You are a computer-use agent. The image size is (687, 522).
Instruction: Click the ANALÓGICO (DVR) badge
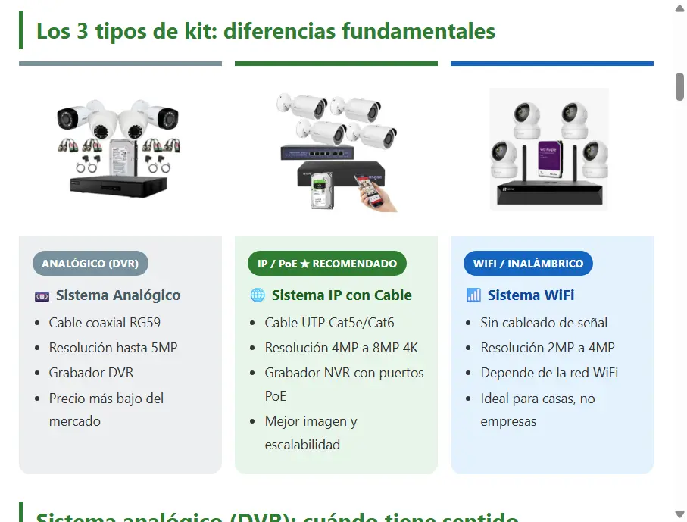click(90, 264)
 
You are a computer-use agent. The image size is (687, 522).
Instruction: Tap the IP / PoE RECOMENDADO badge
click(327, 264)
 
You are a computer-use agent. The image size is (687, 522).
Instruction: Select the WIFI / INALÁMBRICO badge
click(528, 264)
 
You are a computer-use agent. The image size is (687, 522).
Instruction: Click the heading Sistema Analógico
click(118, 295)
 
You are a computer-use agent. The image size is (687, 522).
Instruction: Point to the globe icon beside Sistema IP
click(258, 295)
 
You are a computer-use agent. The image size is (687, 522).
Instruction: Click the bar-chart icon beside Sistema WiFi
click(473, 295)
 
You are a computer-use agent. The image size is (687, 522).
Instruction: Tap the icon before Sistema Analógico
click(42, 295)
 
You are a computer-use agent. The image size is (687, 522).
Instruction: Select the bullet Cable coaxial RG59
click(105, 323)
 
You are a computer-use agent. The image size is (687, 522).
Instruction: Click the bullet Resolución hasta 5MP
click(113, 348)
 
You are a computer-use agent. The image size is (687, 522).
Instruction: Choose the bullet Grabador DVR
click(91, 373)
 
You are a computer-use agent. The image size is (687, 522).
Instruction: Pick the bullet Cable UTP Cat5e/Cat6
click(329, 323)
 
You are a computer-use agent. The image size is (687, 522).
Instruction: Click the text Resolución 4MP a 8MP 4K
click(341, 348)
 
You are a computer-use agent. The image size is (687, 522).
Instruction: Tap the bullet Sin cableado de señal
click(544, 323)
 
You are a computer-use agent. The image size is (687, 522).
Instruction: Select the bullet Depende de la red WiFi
click(549, 373)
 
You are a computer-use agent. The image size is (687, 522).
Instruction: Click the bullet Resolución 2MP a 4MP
click(548, 348)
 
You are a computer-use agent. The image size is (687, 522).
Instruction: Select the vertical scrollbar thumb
click(679, 86)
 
